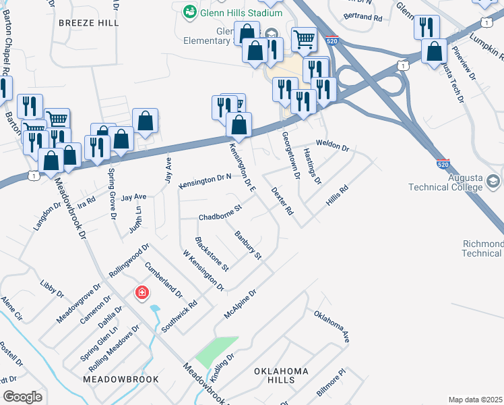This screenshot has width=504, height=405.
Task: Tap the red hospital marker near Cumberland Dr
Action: click(x=141, y=293)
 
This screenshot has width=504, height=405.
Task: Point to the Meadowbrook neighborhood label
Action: click(x=121, y=379)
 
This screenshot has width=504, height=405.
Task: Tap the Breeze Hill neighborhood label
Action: click(x=89, y=22)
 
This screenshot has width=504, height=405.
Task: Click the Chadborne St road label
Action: click(x=220, y=213)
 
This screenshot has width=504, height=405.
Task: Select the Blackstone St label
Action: click(x=212, y=254)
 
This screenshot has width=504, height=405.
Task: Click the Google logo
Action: click(x=22, y=397)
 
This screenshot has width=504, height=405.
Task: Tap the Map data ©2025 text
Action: click(x=476, y=400)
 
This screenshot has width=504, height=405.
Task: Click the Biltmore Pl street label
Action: click(x=331, y=383)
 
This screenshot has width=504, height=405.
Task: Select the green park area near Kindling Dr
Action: click(x=218, y=351)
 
